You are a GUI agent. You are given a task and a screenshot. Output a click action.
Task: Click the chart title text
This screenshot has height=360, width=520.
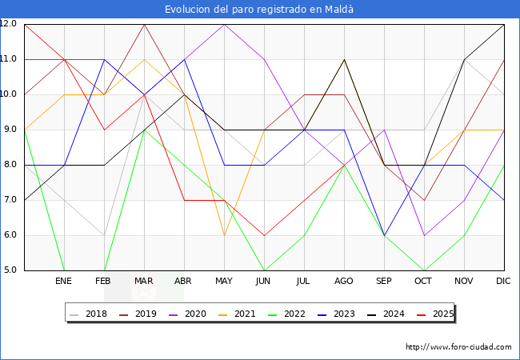click(259, 10)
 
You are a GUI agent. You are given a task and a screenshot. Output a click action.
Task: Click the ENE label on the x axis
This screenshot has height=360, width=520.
click(63, 282)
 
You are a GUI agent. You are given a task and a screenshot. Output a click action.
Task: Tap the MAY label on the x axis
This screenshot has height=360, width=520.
click(224, 282)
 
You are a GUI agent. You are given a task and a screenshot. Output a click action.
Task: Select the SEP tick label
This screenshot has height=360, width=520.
click(384, 282)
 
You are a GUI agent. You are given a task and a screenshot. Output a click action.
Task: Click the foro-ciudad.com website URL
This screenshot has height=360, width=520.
click(458, 347)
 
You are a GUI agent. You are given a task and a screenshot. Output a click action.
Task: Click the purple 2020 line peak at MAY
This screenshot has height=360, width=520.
click(224, 24)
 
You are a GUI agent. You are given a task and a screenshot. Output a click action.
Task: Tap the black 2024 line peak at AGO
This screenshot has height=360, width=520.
click(344, 59)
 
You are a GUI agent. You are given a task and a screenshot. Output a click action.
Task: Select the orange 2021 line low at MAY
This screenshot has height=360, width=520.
click(224, 235)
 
